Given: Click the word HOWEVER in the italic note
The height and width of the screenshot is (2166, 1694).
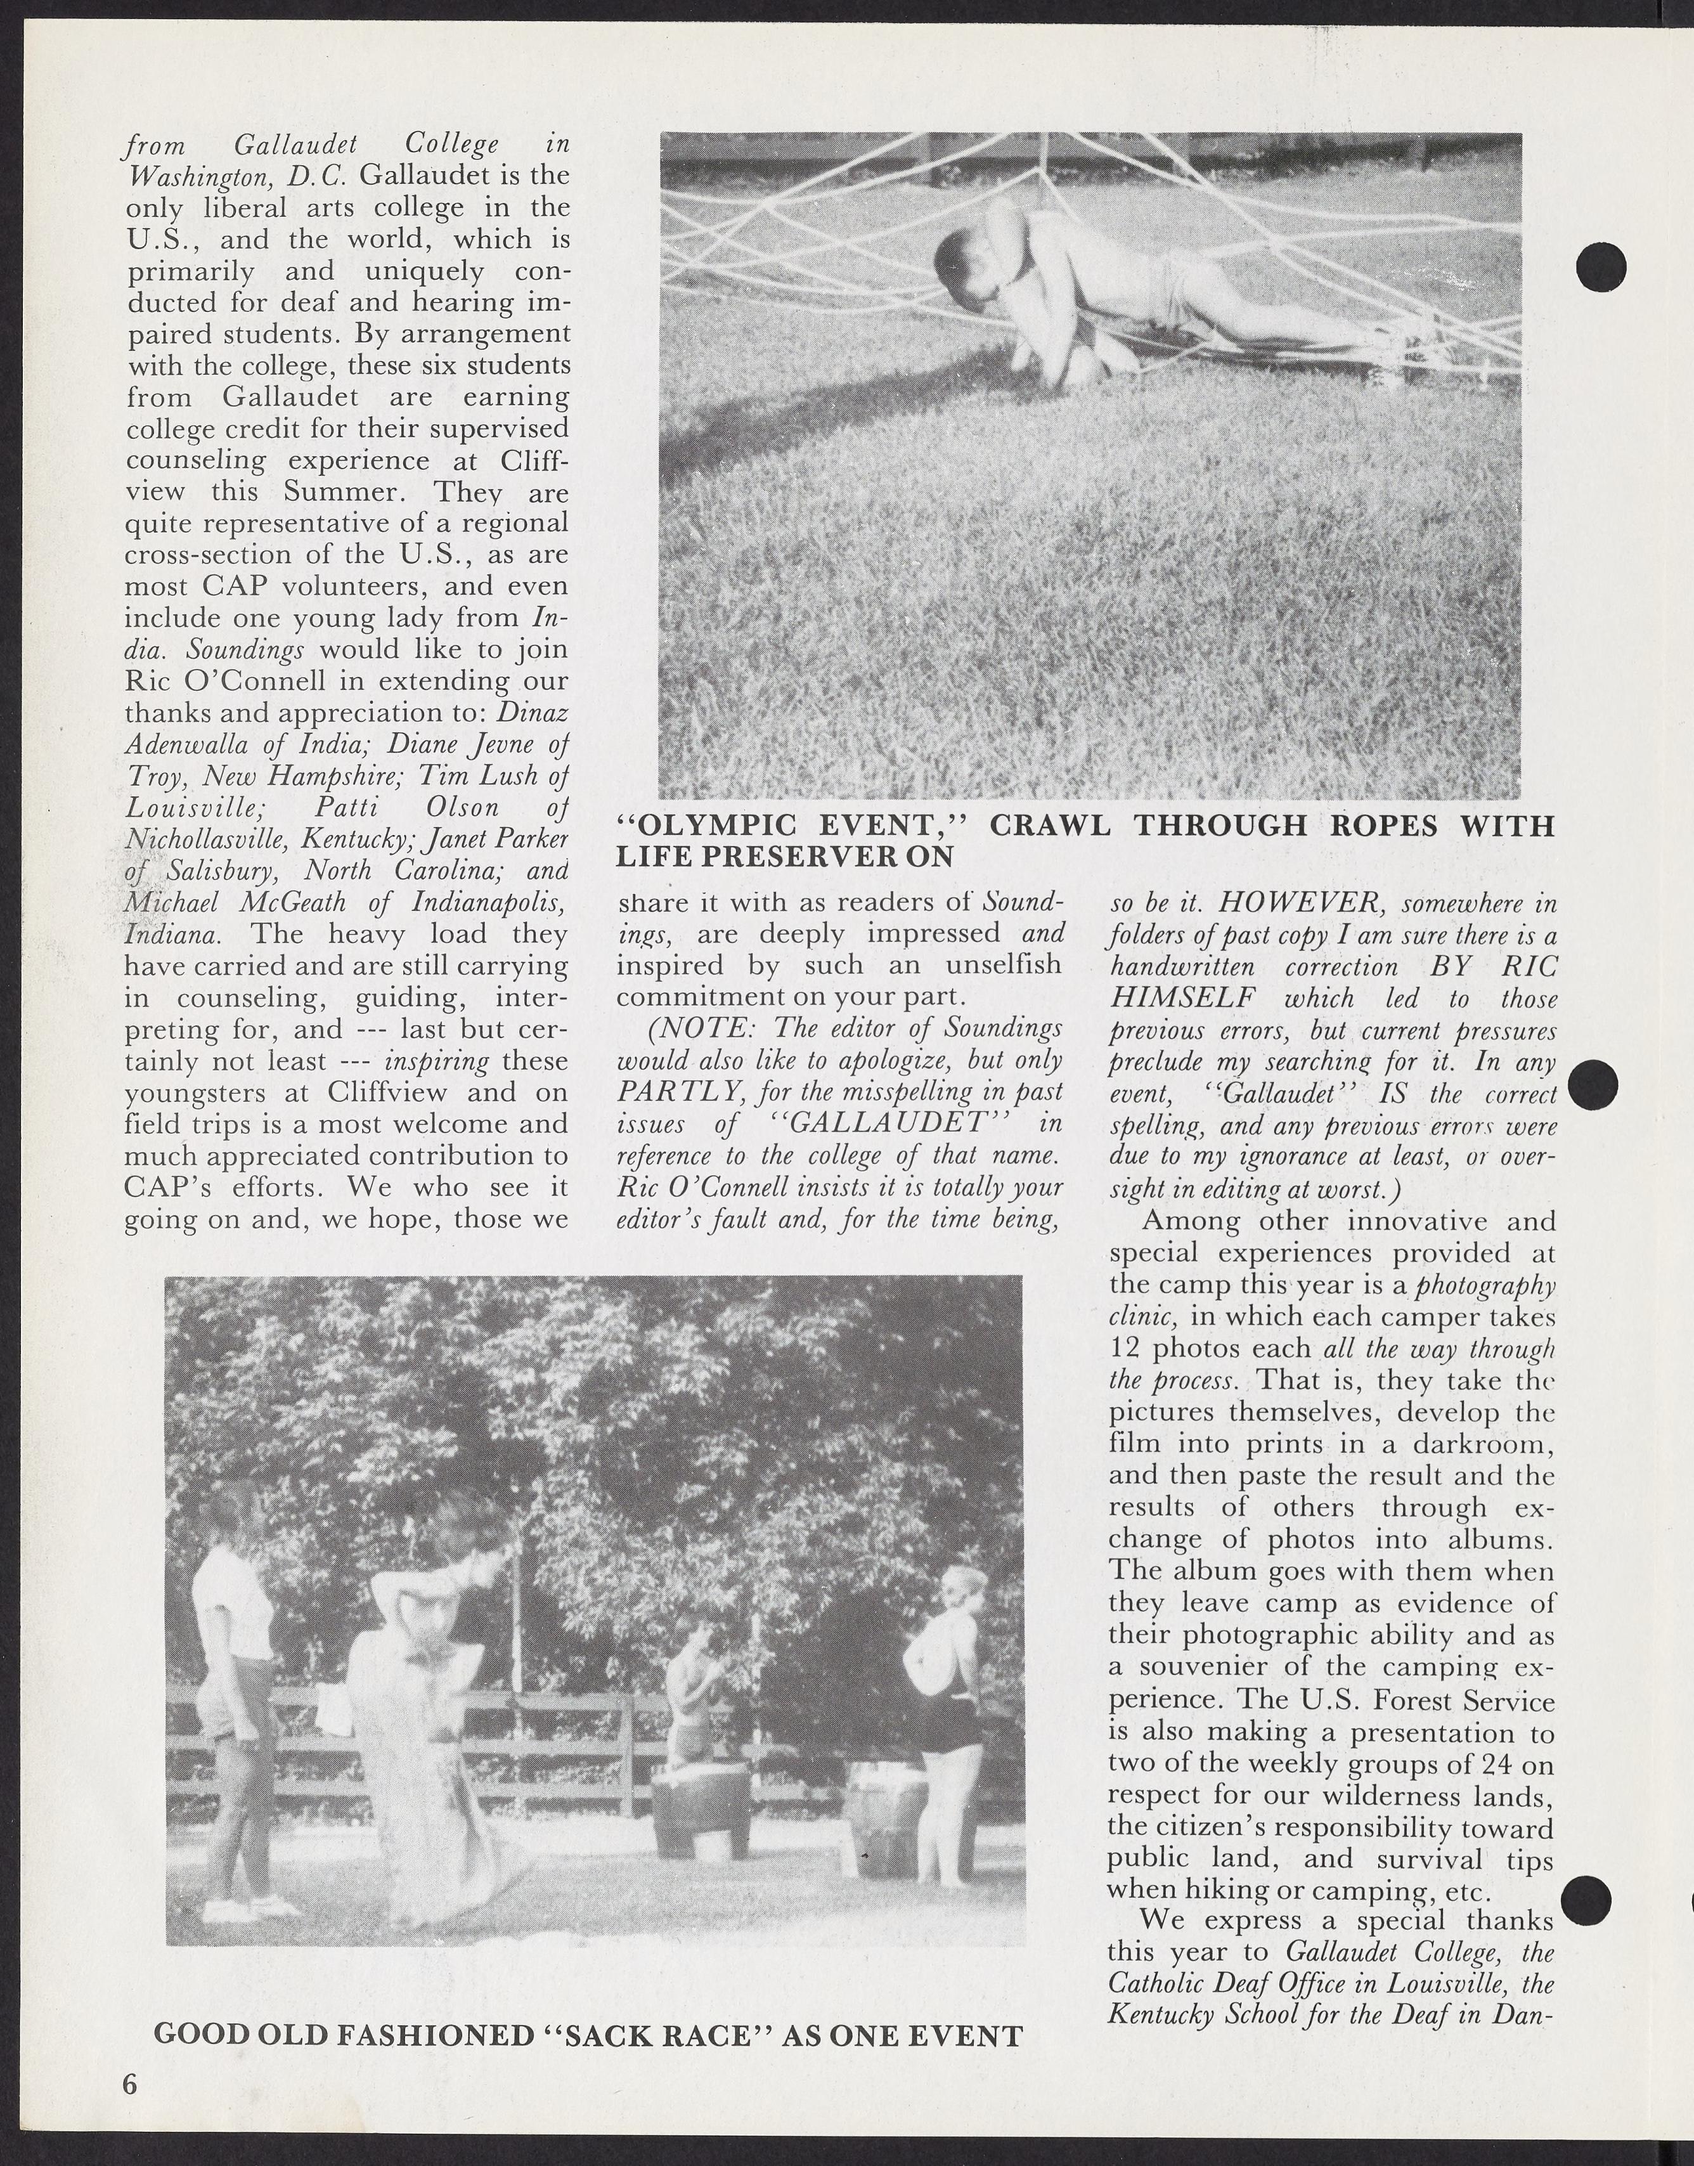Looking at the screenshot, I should pos(1272,904).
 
